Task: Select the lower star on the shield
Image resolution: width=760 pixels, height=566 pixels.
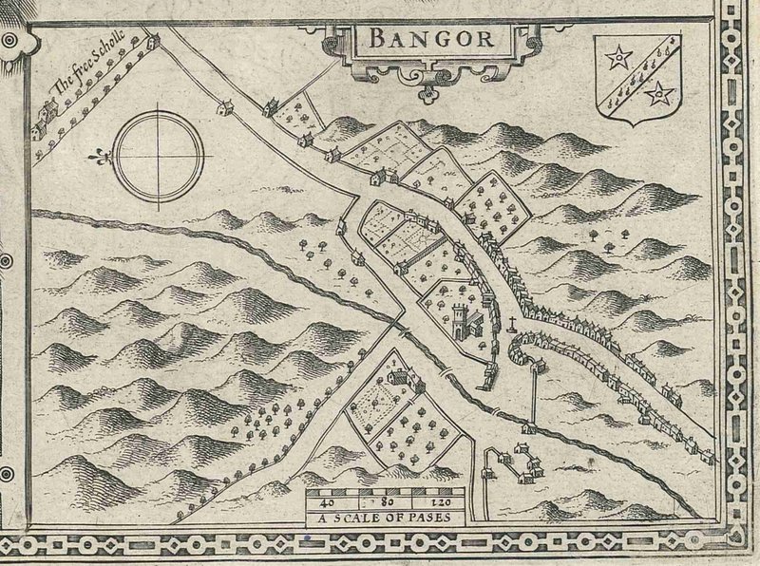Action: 658,93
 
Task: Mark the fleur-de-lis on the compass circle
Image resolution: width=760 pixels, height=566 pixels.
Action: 97,154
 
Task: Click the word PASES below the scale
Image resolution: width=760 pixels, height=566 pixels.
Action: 415,518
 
